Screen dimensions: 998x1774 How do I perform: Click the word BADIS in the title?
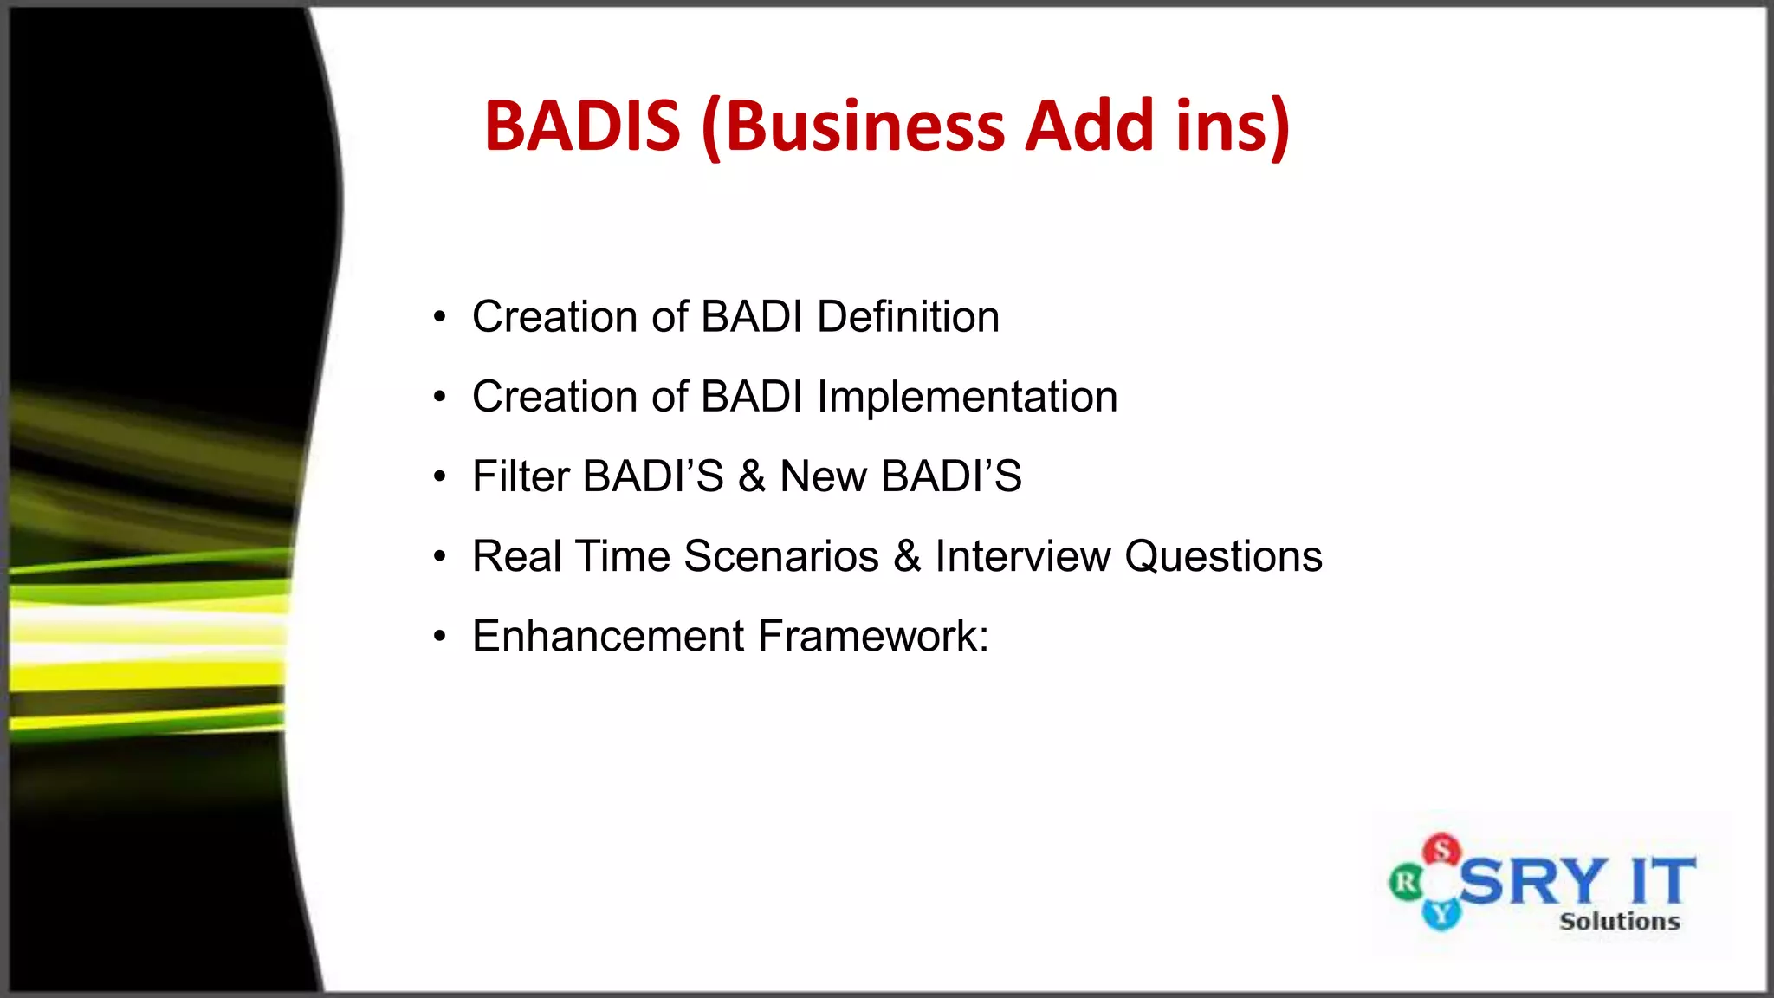pos(582,126)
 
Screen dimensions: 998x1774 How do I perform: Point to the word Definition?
pos(908,317)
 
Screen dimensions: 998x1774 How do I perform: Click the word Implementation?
pos(967,398)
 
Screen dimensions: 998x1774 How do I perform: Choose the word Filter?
pos(521,476)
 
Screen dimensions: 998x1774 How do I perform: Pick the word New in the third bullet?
pos(823,476)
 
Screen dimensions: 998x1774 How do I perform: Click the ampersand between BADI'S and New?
pos(752,476)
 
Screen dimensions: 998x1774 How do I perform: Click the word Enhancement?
pos(608,636)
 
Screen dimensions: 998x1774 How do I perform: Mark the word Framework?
pos(873,636)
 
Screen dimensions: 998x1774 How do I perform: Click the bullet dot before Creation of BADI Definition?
pos(440,317)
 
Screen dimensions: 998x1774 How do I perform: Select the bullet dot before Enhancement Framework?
pos(440,637)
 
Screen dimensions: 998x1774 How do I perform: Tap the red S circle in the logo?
pos(1442,850)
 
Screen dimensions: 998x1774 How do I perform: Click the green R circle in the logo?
pos(1406,883)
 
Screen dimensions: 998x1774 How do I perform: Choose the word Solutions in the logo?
pos(1619,921)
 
